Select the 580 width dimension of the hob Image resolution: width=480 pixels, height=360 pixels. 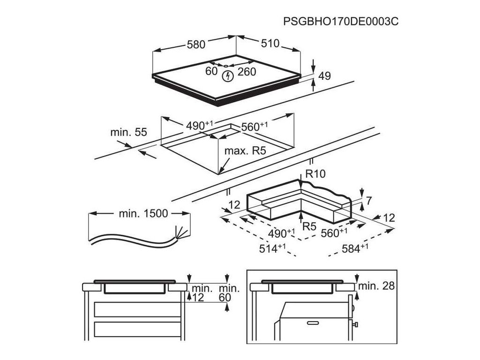tap(196, 45)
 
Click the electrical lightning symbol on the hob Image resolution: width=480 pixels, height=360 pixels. tap(228, 75)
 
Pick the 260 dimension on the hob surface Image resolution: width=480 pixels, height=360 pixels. tap(247, 71)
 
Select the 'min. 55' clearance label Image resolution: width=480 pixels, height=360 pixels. tap(128, 132)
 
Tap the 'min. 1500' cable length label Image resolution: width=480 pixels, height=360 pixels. tap(140, 213)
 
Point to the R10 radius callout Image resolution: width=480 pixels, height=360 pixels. tap(315, 174)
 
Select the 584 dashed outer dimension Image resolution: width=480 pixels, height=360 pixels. tap(352, 249)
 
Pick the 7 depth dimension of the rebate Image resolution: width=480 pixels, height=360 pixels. tap(368, 201)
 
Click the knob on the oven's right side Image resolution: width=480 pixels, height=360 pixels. tap(356, 324)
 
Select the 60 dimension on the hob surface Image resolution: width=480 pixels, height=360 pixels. tap(211, 71)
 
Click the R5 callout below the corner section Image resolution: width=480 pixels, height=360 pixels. tap(309, 227)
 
